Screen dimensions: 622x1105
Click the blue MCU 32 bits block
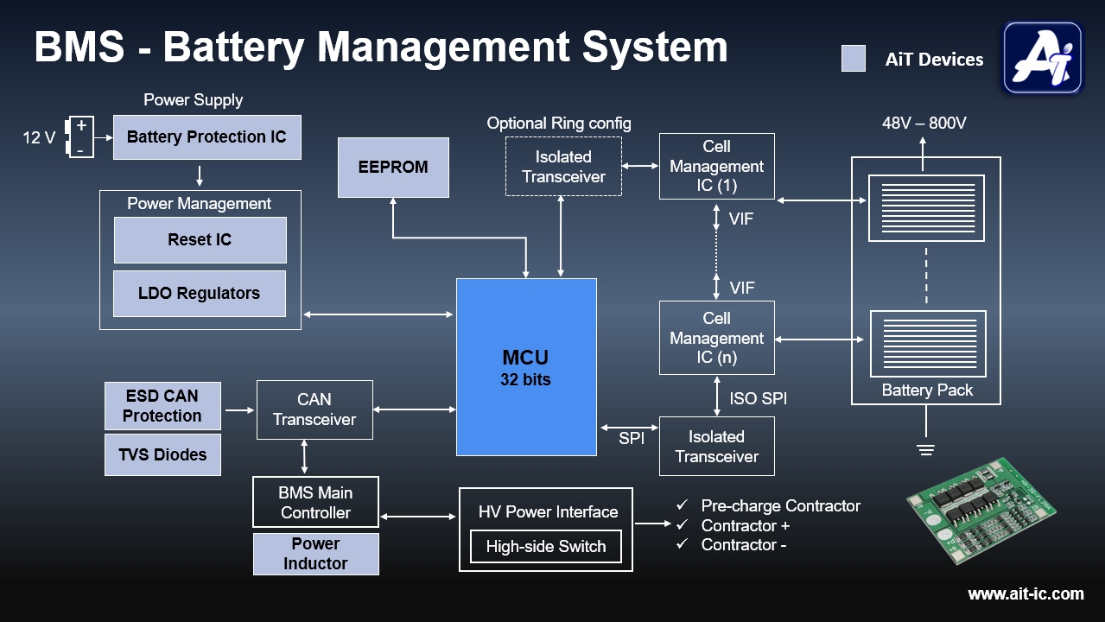[526, 366]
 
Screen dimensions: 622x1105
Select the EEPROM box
[393, 167]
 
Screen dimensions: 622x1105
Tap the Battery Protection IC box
[206, 137]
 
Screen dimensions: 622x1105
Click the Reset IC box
[200, 240]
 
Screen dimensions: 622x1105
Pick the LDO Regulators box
[200, 294]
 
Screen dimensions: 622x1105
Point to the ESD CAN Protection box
[162, 406]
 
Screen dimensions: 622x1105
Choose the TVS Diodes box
[162, 454]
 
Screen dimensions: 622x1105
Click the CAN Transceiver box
[314, 409]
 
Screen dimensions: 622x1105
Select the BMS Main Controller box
[315, 502]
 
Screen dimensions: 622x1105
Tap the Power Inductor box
[315, 554]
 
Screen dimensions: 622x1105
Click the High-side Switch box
[545, 547]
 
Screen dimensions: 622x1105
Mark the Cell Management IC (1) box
[716, 166]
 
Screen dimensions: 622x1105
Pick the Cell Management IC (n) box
[716, 338]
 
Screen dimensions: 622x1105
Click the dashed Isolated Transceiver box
[563, 167]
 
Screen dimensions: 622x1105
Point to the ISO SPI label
[757, 399]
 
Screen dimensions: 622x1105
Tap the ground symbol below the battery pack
[926, 449]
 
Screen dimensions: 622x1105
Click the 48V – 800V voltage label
[924, 124]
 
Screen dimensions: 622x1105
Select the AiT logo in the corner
[1043, 57]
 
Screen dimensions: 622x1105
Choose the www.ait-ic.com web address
[1026, 594]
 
